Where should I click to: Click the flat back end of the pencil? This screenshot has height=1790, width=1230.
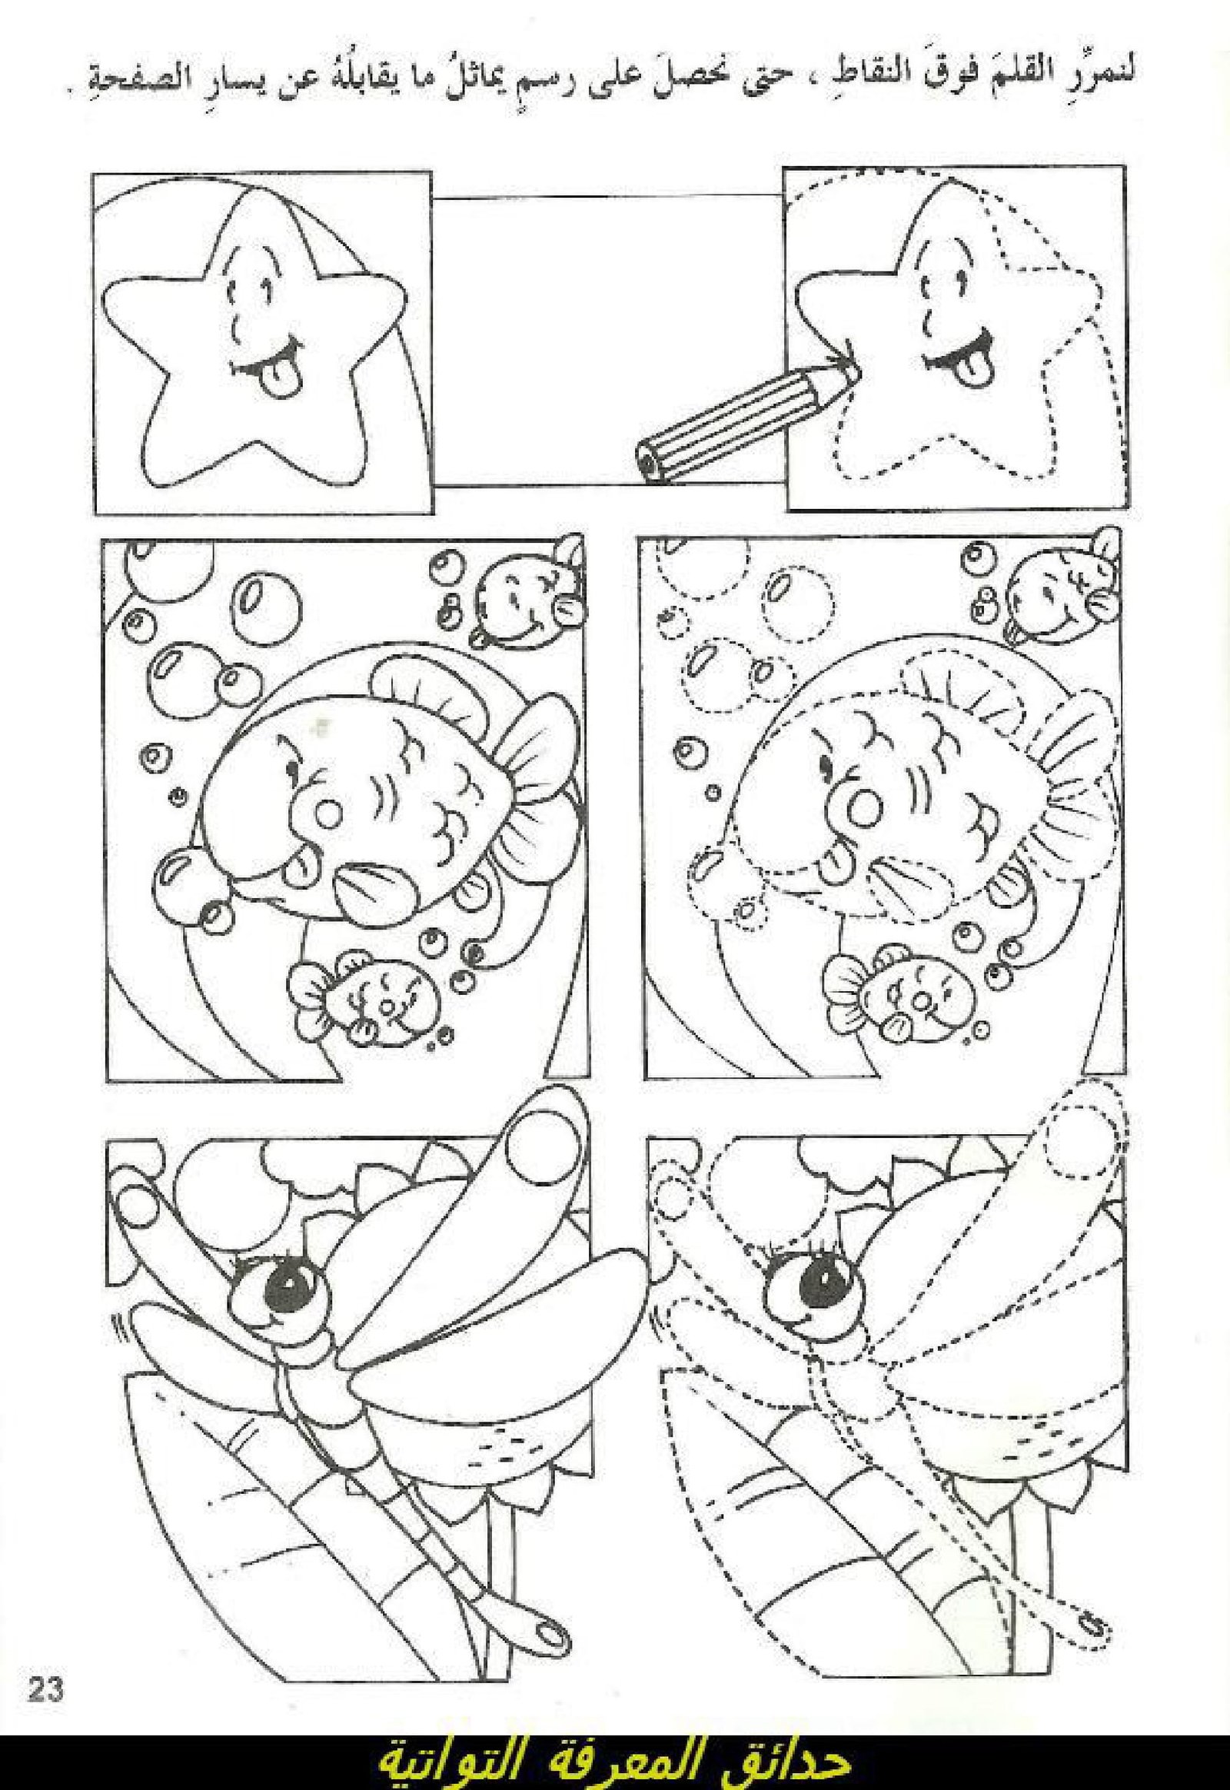point(650,462)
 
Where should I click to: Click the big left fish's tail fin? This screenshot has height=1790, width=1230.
point(536,739)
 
